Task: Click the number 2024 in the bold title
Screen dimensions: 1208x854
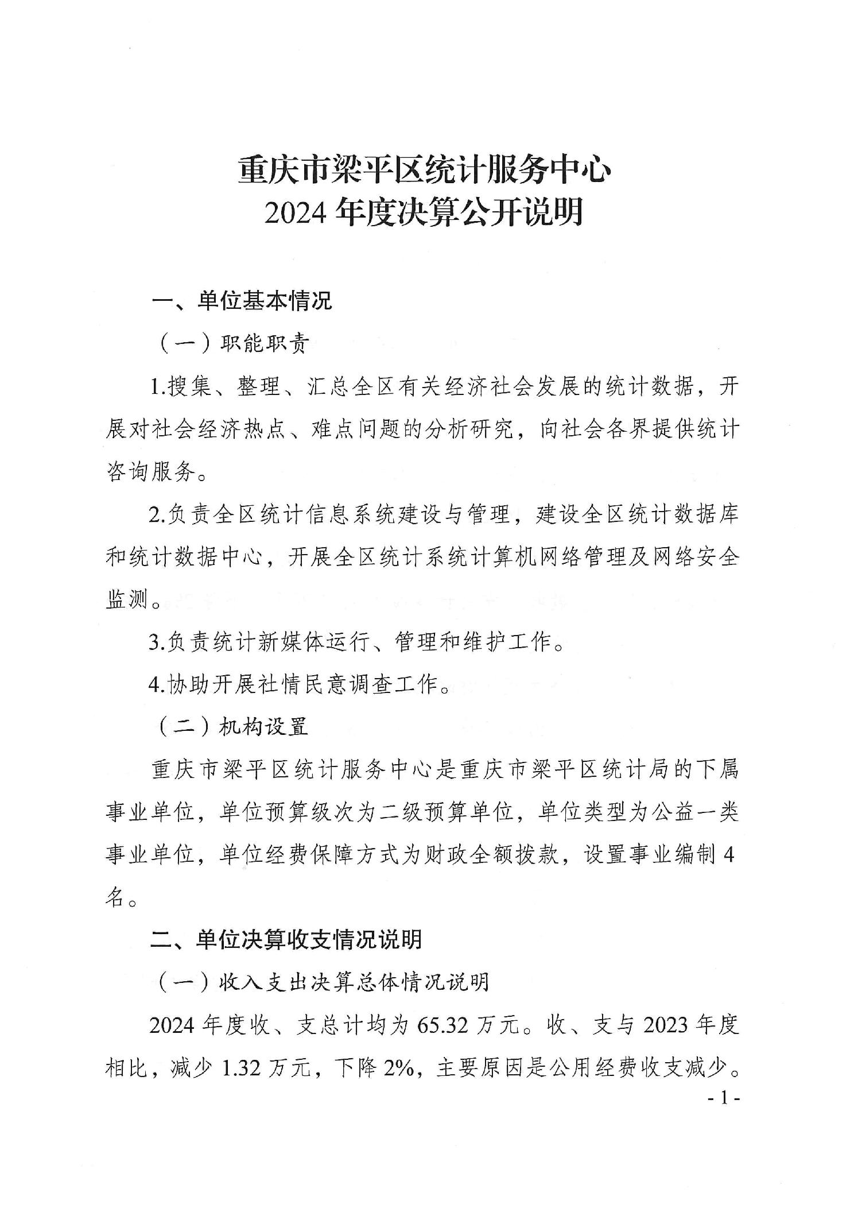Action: [295, 212]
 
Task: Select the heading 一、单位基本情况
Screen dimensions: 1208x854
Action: [241, 301]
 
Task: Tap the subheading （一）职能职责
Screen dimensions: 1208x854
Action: [233, 343]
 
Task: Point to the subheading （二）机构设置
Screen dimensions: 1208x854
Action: [233, 727]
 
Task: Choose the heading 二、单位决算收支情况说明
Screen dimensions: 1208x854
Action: [286, 939]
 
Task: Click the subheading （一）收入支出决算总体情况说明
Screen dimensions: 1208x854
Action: [323, 982]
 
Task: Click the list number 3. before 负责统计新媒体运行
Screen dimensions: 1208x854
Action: [156, 642]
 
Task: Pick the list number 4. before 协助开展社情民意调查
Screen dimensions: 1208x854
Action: [156, 684]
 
